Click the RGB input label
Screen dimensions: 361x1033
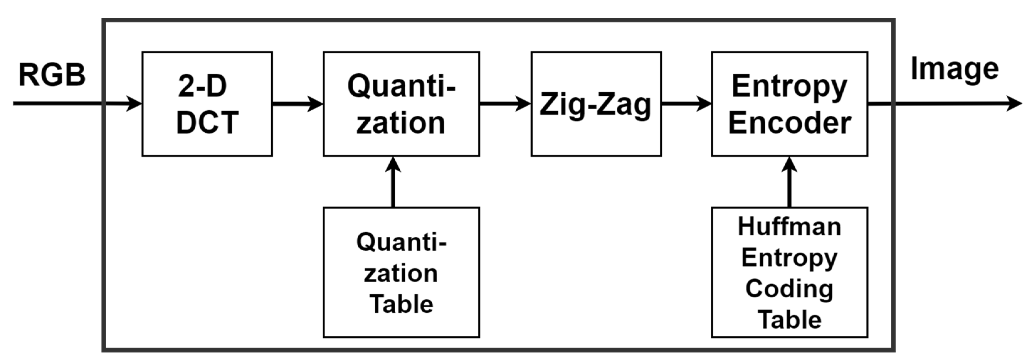point(52,75)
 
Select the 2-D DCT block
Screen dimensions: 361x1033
point(207,104)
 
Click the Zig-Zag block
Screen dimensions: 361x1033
point(596,104)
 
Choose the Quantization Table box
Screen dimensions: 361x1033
point(401,272)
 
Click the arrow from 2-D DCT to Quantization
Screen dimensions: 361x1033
point(298,104)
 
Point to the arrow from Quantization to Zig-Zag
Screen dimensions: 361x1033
point(505,104)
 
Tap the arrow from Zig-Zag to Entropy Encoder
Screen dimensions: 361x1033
point(686,104)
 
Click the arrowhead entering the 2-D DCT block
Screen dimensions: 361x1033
point(135,104)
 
